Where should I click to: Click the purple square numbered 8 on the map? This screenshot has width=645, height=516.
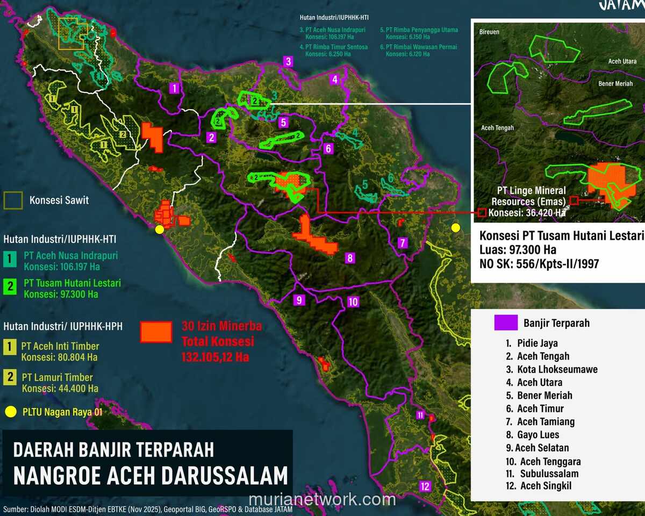pyautogui.click(x=350, y=258)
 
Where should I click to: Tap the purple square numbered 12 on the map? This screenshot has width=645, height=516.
pyautogui.click(x=426, y=486)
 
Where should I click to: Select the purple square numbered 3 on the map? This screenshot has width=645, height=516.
pyautogui.click(x=289, y=61)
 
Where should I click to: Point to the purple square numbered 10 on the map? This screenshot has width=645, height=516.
pyautogui.click(x=353, y=302)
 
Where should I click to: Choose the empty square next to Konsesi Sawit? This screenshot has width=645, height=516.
pyautogui.click(x=13, y=200)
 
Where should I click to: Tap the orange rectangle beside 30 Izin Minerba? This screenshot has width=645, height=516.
pyautogui.click(x=156, y=332)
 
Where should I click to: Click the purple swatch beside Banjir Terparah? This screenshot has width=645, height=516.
pyautogui.click(x=505, y=322)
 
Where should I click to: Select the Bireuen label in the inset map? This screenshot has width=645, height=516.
pyautogui.click(x=489, y=32)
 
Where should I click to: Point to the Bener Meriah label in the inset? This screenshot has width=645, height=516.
pyautogui.click(x=615, y=84)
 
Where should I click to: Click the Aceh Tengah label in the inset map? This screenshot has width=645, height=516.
pyautogui.click(x=497, y=128)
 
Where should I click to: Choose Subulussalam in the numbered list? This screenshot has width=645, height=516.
pyautogui.click(x=549, y=474)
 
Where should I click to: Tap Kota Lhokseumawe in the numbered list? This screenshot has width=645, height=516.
pyautogui.click(x=557, y=369)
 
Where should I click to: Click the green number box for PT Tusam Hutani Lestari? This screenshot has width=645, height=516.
pyautogui.click(x=10, y=286)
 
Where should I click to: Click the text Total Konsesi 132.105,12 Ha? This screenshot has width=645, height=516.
pyautogui.click(x=218, y=349)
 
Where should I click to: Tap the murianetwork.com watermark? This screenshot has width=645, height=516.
pyautogui.click(x=322, y=500)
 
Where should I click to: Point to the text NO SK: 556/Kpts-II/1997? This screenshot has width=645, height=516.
pyautogui.click(x=540, y=264)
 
